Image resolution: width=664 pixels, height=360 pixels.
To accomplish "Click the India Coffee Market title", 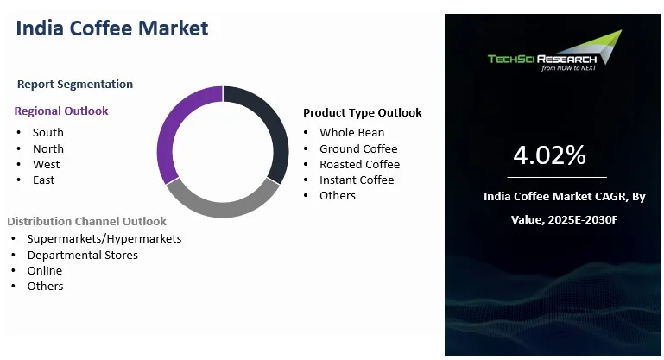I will pos(112,28).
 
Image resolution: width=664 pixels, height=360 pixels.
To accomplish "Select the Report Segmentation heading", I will pos(75,84).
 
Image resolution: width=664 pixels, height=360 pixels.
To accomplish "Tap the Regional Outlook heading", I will pos(61,111).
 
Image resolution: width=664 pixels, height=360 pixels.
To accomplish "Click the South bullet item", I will pos(47,132).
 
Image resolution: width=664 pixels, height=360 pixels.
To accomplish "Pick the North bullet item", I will pos(47,148).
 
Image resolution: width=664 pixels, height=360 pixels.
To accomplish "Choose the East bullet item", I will pos(43,180).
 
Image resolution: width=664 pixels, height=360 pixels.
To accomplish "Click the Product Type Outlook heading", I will pos(362,112).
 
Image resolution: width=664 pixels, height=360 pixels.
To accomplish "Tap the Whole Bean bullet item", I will pos(351,132).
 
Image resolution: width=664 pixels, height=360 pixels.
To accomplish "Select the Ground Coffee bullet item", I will pos(358,148).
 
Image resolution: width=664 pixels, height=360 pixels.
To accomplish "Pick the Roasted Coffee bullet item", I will pos(359,164).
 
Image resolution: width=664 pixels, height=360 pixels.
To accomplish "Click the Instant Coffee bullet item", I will pos(357,180).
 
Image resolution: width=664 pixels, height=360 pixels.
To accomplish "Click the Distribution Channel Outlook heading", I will pos(86,222).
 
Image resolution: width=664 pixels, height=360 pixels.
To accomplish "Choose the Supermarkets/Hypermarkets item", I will pos(104,238).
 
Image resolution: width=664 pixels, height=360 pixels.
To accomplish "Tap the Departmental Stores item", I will pos(82,255).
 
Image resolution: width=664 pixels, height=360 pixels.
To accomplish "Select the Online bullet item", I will pos(44,270).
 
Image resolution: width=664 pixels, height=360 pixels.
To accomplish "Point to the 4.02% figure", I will pos(549,155).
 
